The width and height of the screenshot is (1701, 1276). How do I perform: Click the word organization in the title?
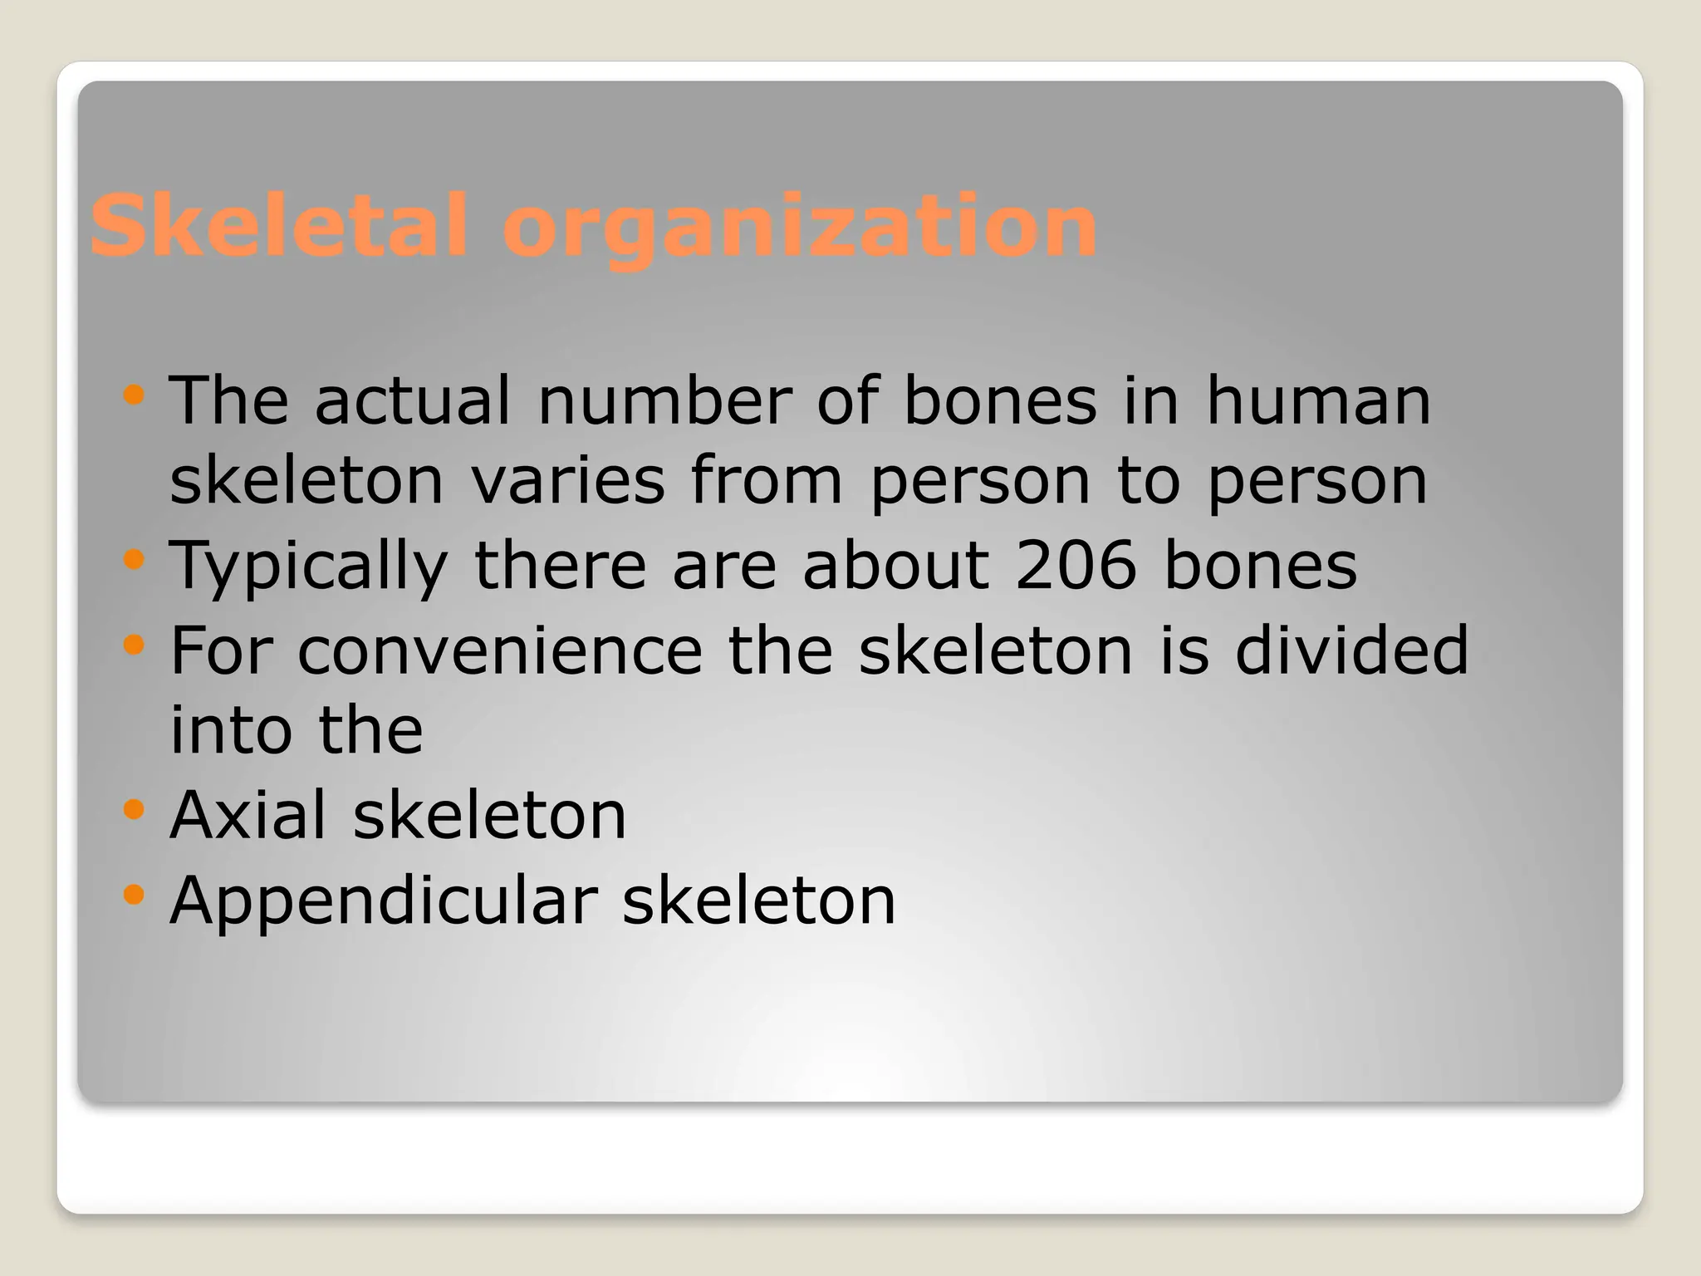pos(799,226)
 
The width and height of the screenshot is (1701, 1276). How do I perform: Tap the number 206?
pos(1076,565)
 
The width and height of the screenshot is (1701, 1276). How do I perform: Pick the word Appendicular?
pos(383,902)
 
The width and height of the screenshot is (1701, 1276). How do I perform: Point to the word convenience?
pos(499,650)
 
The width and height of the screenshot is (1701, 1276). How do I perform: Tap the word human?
pos(1318,401)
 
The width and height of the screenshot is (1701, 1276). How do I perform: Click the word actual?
pos(412,401)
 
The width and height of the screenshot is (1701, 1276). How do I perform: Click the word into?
pos(231,730)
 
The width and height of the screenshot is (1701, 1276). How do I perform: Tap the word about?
pos(896,565)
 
